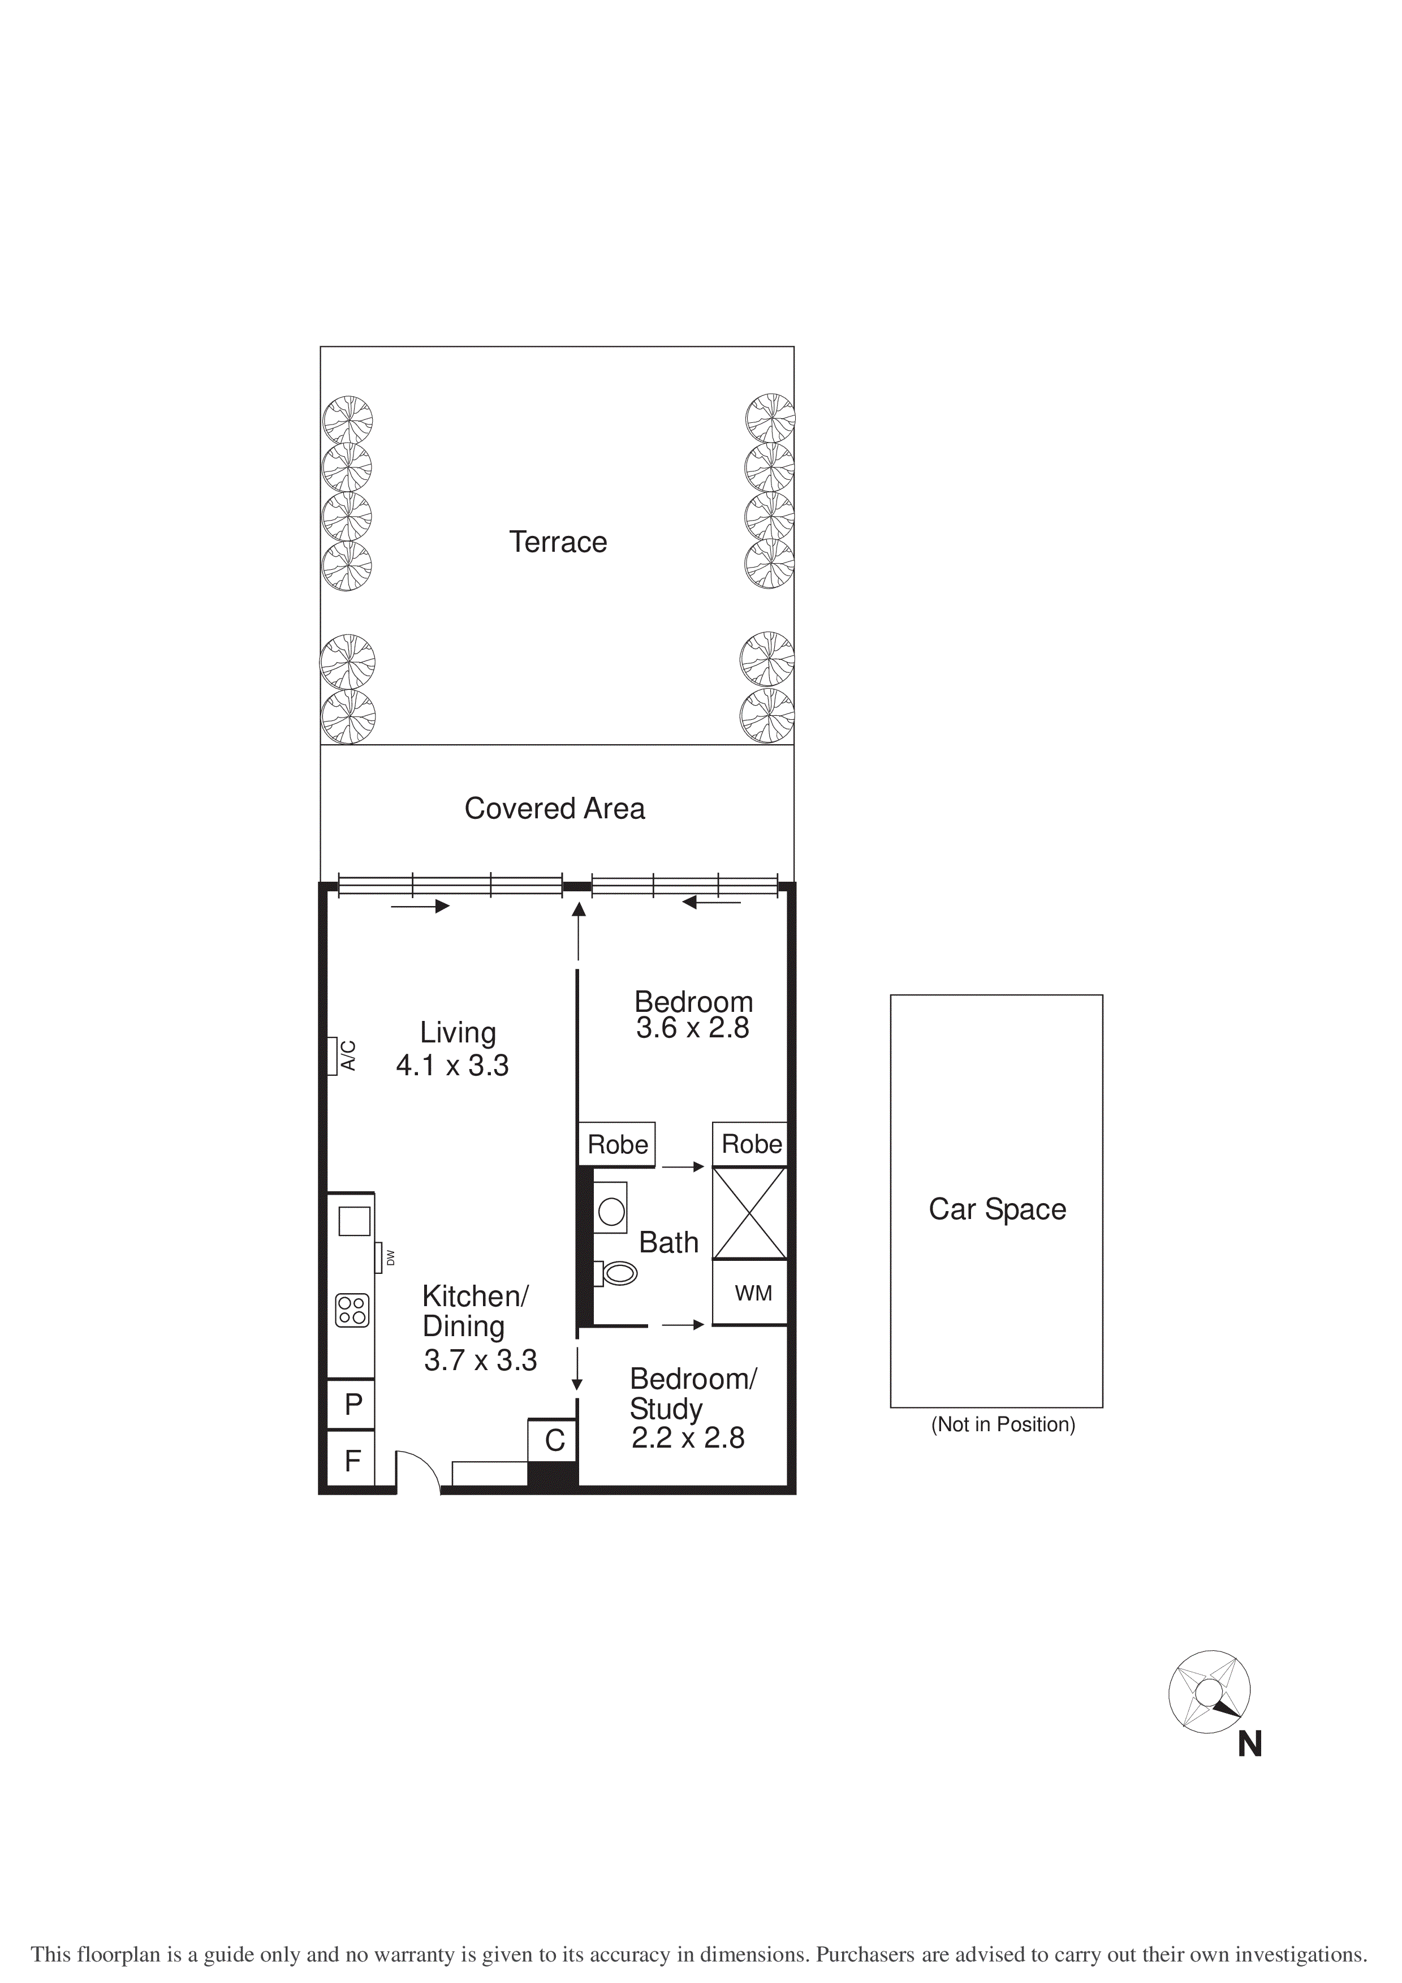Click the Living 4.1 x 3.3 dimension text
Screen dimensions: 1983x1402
click(x=452, y=1065)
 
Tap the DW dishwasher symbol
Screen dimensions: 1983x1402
click(x=378, y=1257)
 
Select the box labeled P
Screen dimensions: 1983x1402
click(x=352, y=1404)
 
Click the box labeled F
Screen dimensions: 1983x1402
click(x=352, y=1461)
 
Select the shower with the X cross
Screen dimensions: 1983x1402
click(x=749, y=1213)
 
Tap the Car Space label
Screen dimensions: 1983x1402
click(x=997, y=1209)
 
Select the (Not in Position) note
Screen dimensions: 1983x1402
click(x=1002, y=1424)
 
